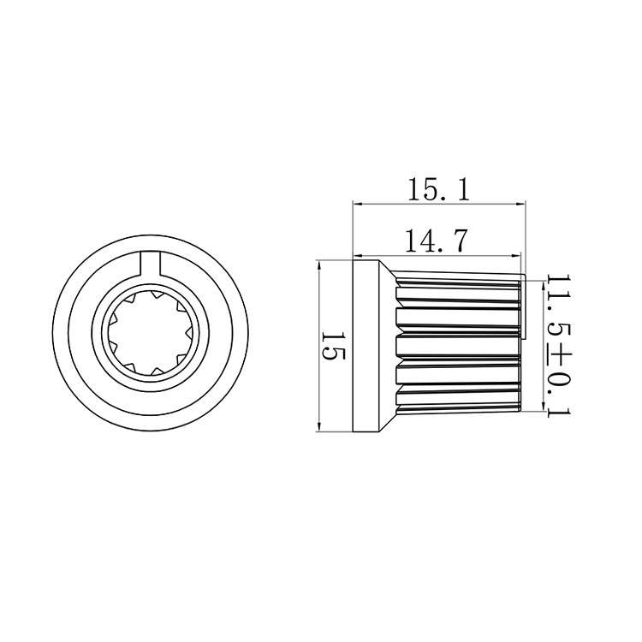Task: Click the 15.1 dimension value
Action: point(439,190)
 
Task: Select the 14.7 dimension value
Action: point(436,242)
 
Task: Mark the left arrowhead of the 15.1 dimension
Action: point(359,204)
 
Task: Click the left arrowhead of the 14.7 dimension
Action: point(359,255)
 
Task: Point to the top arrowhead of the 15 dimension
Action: point(318,265)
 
